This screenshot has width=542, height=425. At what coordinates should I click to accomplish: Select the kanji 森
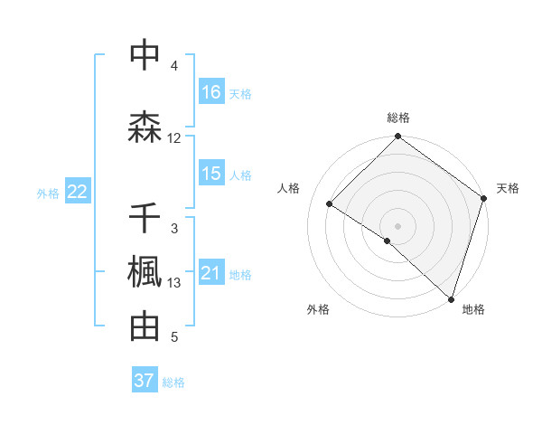[x=145, y=126]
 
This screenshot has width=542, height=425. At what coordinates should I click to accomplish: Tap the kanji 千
[x=145, y=218]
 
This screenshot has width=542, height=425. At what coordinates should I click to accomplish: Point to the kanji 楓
[x=145, y=272]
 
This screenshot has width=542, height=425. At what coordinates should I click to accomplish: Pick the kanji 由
[x=145, y=326]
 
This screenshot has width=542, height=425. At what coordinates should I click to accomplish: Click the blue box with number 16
[x=211, y=92]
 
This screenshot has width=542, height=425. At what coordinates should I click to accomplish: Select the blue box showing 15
[x=211, y=174]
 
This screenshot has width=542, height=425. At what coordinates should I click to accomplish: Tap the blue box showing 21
[x=211, y=273]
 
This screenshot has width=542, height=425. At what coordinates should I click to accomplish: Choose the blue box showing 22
[x=77, y=192]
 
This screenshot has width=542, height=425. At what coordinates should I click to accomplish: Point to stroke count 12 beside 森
[x=174, y=138]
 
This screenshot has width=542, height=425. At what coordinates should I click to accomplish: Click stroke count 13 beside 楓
[x=174, y=284]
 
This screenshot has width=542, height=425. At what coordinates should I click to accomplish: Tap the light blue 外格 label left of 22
[x=48, y=193]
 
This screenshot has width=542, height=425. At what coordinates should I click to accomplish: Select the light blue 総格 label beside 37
[x=174, y=382]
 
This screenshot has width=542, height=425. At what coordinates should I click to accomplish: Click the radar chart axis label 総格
[x=398, y=118]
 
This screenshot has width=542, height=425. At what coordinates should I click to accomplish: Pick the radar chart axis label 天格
[x=509, y=188]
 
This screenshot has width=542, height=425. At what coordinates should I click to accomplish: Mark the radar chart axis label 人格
[x=289, y=188]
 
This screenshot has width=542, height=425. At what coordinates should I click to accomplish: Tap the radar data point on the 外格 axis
[x=388, y=241]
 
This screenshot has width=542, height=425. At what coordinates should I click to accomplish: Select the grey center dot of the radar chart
[x=397, y=224]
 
